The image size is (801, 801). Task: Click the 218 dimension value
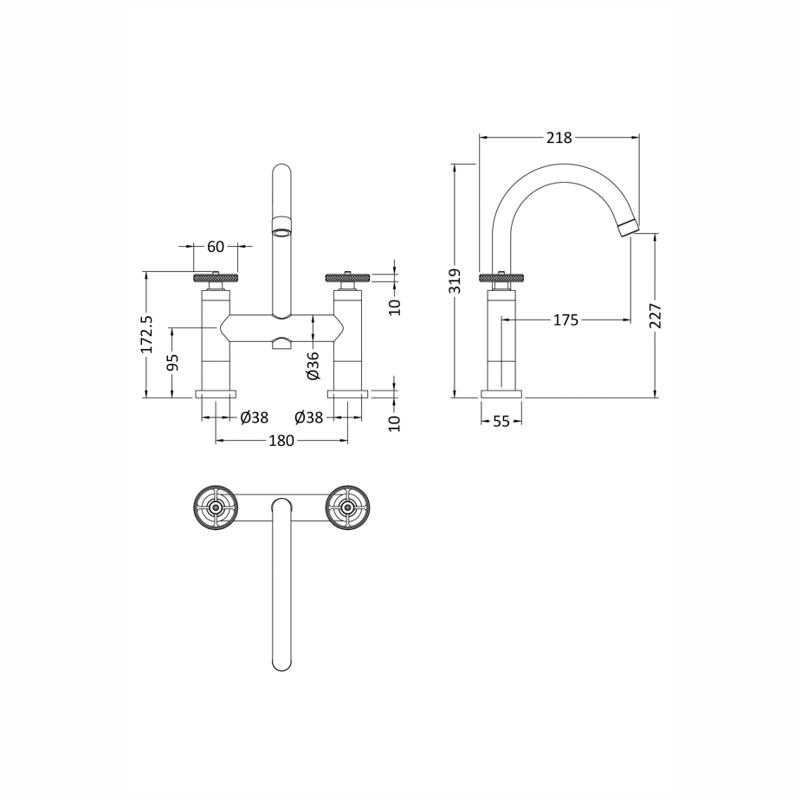559,138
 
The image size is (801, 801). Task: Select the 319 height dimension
455,281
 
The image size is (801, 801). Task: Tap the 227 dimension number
656,316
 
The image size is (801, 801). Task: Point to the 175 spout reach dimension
566,320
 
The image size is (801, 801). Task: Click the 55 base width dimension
501,421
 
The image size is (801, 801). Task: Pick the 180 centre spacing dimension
281,440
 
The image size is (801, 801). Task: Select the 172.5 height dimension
146,334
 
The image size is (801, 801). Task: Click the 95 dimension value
172,363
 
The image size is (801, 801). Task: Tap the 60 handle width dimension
216,246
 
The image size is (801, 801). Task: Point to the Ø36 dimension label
313,365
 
